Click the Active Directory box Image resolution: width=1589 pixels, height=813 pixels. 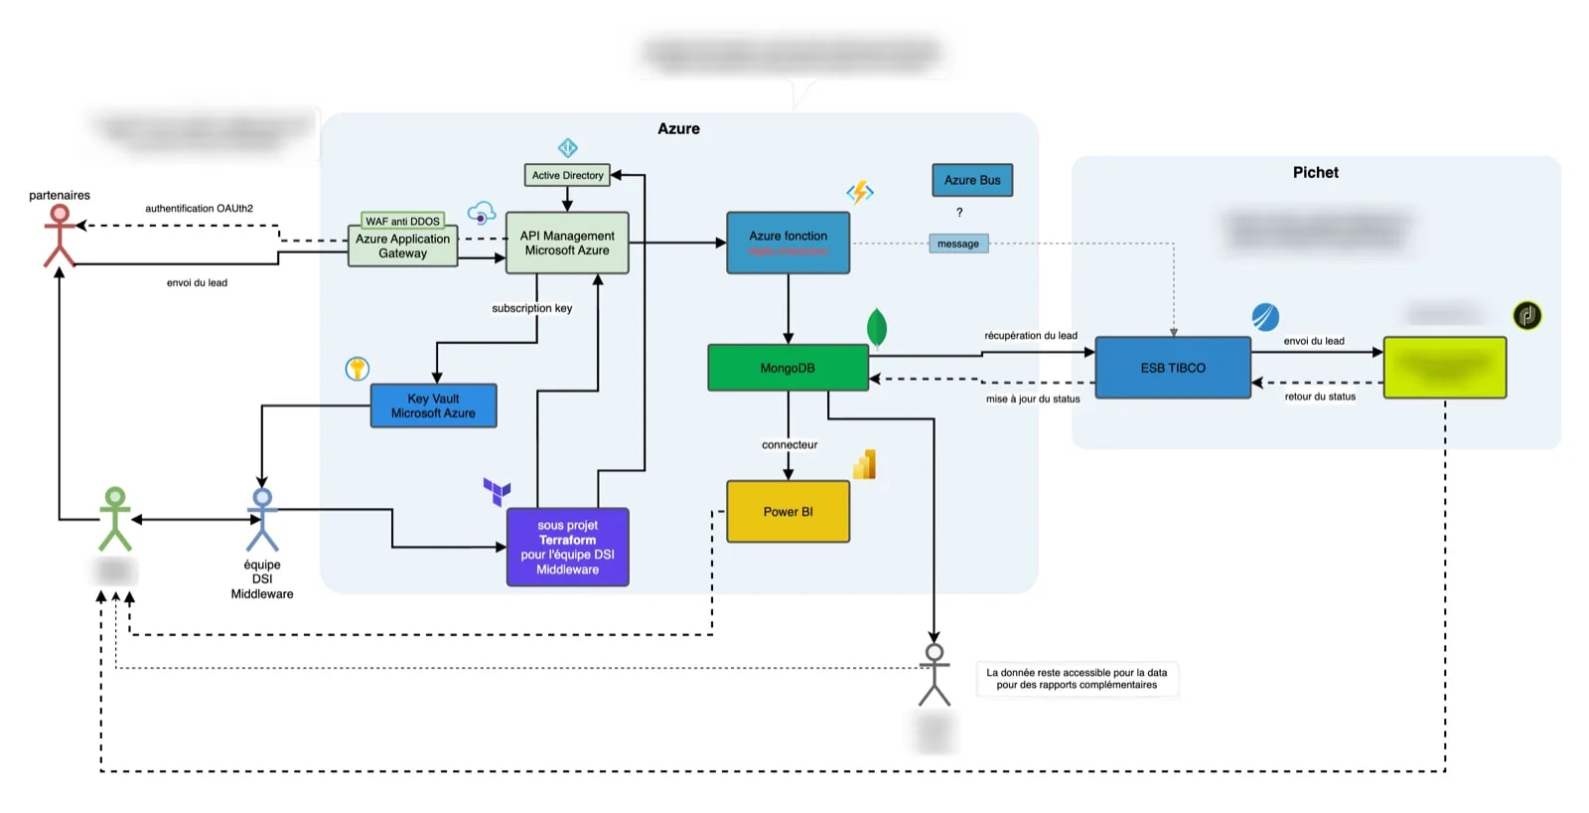(x=567, y=175)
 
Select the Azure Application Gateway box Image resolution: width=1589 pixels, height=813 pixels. (x=402, y=246)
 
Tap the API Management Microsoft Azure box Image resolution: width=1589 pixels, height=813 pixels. (x=567, y=243)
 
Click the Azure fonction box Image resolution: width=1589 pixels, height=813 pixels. (x=788, y=243)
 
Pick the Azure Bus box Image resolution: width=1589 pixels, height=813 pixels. (x=972, y=180)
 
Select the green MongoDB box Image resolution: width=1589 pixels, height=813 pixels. (x=788, y=368)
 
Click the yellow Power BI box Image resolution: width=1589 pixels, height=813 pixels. (x=788, y=512)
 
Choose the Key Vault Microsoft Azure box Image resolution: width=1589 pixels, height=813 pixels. (x=433, y=406)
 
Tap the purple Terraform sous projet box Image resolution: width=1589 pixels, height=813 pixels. (x=567, y=548)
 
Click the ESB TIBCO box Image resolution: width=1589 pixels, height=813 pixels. (x=1173, y=368)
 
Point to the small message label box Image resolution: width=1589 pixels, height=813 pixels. (x=958, y=244)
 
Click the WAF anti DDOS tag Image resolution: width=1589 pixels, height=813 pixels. (x=402, y=221)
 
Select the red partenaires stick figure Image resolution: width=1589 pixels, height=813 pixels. (x=60, y=236)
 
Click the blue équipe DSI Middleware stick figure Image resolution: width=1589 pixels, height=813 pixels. (x=262, y=519)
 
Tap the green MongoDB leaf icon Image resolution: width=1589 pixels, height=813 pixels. (x=877, y=327)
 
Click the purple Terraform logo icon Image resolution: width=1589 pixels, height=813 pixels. (x=497, y=491)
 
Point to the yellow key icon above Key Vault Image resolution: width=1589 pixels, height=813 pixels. (x=358, y=369)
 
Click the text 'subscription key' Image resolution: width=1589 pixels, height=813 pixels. (x=532, y=308)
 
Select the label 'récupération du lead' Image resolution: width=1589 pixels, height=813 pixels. (x=1031, y=335)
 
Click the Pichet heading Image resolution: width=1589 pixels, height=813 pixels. (x=1315, y=172)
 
